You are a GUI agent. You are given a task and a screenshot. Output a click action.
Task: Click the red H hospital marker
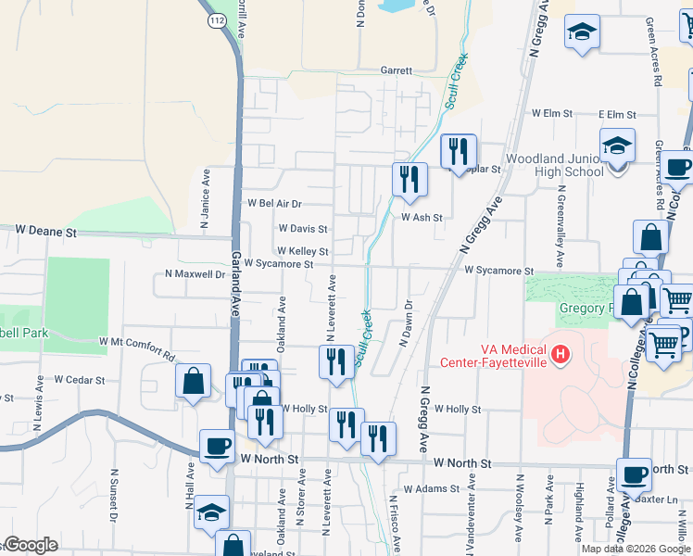pos(560,353)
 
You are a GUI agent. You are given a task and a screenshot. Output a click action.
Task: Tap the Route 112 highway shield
pos(216,19)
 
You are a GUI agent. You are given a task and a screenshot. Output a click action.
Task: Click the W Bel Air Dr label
pos(276,203)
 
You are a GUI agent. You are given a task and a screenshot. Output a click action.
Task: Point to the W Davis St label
pos(302,228)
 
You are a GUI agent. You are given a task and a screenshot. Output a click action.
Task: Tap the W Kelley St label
pos(302,251)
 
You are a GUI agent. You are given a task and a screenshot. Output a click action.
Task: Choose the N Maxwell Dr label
pos(195,274)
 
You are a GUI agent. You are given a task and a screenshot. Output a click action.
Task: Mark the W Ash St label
pos(422,218)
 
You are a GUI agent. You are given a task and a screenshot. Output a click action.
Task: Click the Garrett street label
pos(396,70)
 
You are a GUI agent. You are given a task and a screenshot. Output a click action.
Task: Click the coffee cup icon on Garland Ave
pos(218,448)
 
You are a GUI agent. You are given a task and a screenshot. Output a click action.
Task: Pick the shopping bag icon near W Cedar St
pos(192,381)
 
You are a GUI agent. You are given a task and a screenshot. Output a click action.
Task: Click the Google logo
pos(31,545)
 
